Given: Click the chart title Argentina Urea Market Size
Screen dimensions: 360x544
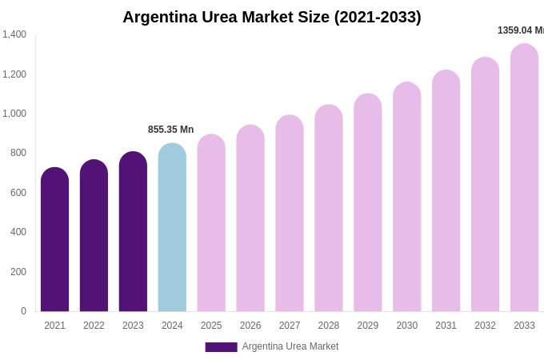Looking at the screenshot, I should click(x=272, y=17).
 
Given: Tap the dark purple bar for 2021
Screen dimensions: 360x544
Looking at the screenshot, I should click(x=54, y=240).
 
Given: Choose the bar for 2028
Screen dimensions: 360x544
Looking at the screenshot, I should click(x=329, y=208).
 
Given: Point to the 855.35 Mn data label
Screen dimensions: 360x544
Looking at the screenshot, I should click(x=170, y=130).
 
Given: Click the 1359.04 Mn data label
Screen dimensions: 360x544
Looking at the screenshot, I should click(x=520, y=30).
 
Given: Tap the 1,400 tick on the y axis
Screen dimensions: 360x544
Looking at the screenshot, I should click(x=14, y=34).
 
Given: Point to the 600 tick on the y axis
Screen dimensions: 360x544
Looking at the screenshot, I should click(x=18, y=193).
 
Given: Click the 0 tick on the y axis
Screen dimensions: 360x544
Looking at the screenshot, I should click(x=23, y=311).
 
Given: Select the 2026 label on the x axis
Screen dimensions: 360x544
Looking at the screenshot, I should click(x=250, y=326).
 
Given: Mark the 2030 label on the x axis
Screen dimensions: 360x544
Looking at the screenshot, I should click(x=406, y=326).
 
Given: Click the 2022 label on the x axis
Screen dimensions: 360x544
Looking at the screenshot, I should click(x=94, y=326).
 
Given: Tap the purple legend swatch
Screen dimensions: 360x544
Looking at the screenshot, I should click(x=221, y=347).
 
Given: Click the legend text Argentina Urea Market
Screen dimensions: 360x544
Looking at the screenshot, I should click(x=290, y=346).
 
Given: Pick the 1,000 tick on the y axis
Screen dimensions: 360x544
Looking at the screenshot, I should click(x=14, y=114).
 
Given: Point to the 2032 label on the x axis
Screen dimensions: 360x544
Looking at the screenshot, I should click(x=485, y=326).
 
